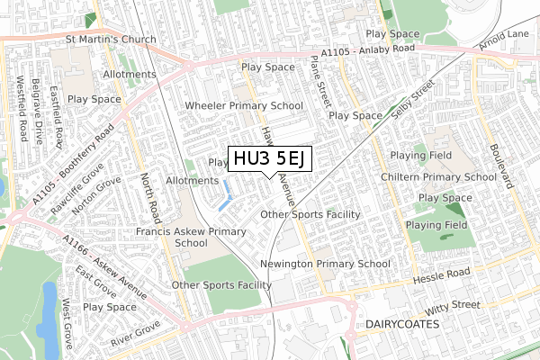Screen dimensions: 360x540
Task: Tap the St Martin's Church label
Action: (111, 40)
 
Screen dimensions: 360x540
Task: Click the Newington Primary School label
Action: (324, 264)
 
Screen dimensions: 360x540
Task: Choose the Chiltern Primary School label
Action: (443, 177)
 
